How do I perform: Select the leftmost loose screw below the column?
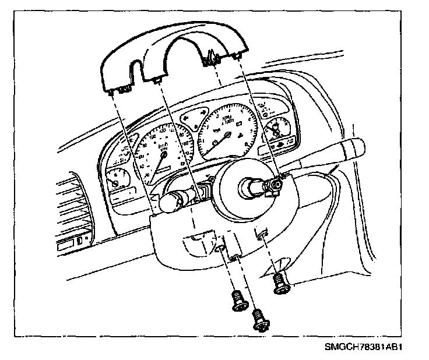pos(238,299)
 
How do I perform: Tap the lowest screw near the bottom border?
pos(258,320)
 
